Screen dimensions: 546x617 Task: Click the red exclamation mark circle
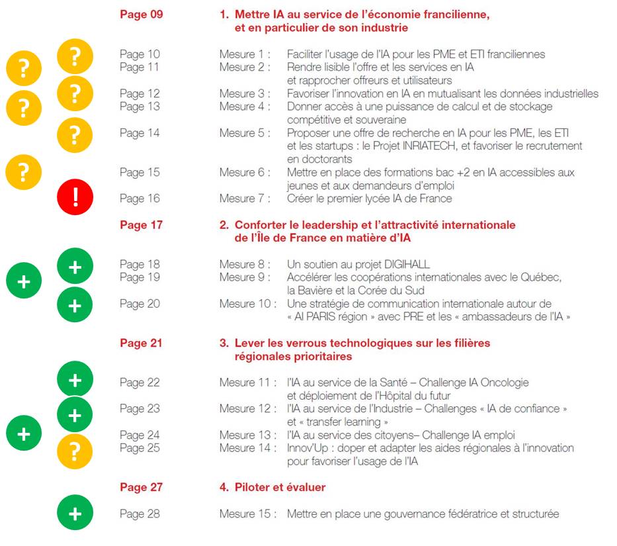(x=75, y=198)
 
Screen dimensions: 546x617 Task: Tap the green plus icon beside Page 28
(x=75, y=514)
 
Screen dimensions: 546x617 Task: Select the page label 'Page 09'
(x=141, y=15)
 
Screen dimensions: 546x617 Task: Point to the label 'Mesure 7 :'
(x=245, y=198)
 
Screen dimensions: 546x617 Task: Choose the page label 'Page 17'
(x=141, y=225)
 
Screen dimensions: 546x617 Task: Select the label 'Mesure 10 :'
(x=247, y=304)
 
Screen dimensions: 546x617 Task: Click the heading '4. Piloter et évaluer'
(x=272, y=488)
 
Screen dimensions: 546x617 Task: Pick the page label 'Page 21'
(x=141, y=343)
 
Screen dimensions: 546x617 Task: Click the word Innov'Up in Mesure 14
(x=308, y=448)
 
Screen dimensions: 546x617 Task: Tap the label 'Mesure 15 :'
(x=247, y=514)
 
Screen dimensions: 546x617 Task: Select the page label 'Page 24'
(x=140, y=435)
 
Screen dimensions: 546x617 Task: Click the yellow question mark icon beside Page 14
(x=75, y=134)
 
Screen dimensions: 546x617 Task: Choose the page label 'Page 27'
(x=141, y=488)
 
